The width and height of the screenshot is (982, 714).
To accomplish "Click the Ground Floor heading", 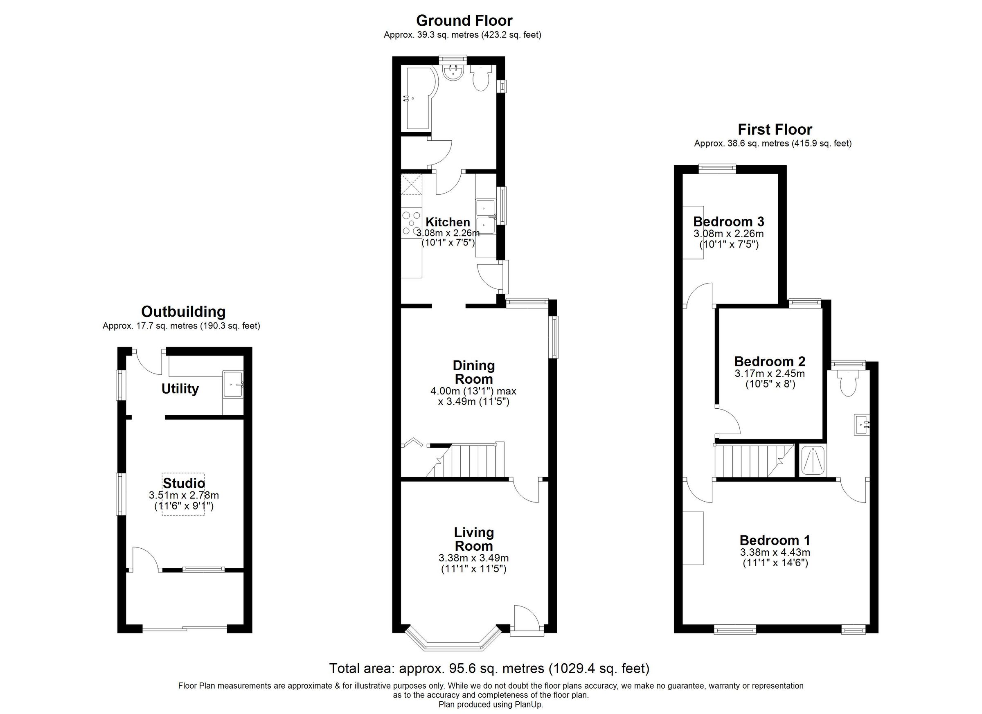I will point(464,20).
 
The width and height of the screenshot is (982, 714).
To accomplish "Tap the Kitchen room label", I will point(447,222).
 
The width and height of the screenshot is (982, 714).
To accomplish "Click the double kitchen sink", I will point(486,217).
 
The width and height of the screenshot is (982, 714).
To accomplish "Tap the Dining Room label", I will point(473,372).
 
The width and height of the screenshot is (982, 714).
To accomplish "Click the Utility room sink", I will point(233,384).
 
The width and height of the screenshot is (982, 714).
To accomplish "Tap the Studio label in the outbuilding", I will point(184,483).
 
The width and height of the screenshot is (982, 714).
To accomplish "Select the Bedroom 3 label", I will point(728,222).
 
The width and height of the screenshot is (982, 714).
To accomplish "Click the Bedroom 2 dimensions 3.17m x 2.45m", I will point(769,373).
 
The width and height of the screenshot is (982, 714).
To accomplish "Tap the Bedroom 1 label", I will point(775,540).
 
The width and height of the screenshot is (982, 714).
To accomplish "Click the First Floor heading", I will point(775,129).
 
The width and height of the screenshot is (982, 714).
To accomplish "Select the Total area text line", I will point(489,669).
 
